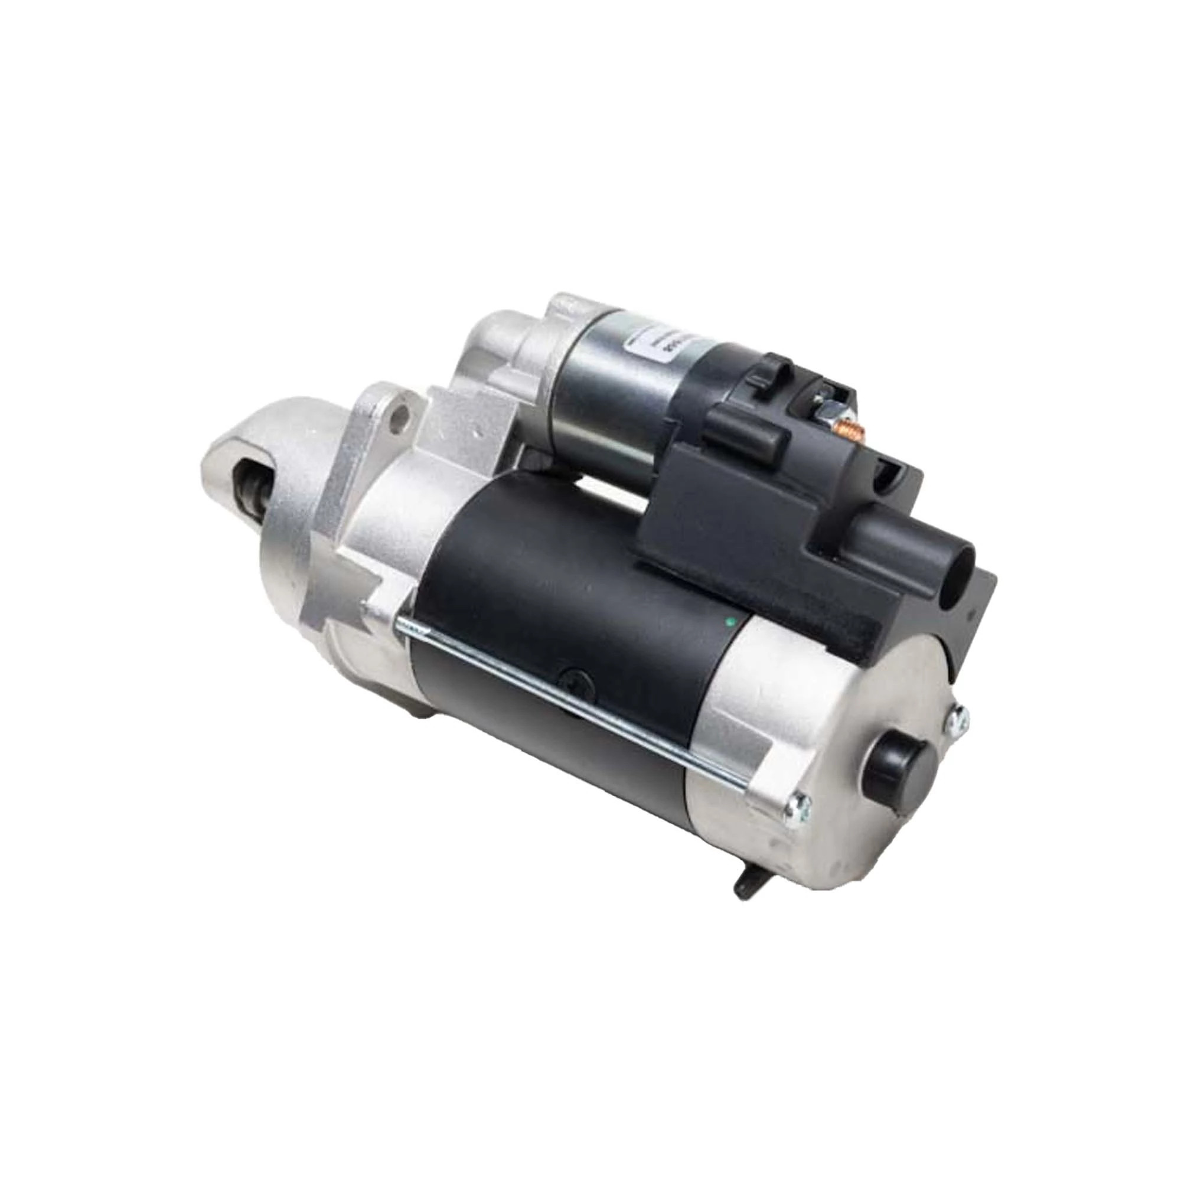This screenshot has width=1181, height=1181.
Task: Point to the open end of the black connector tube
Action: tap(958, 562)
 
